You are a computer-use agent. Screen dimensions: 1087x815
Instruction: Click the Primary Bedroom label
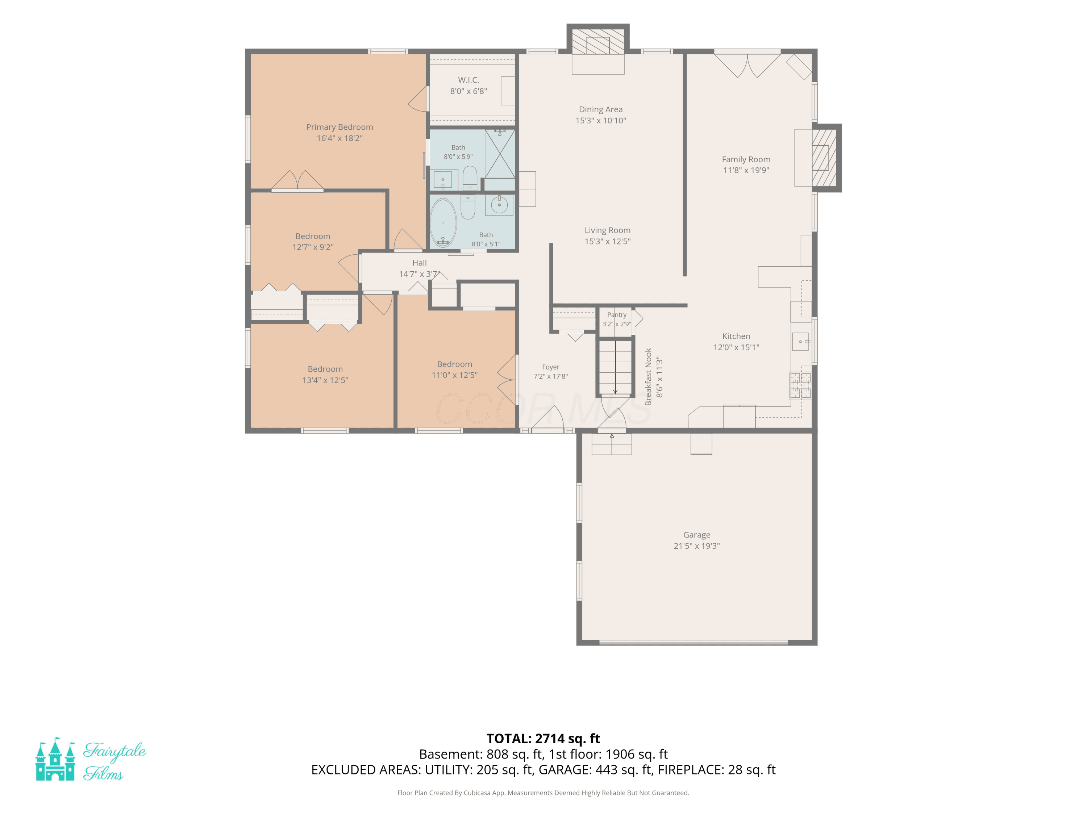click(x=340, y=127)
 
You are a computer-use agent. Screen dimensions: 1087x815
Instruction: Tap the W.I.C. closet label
click(x=468, y=80)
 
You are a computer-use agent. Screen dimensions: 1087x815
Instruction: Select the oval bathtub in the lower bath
click(x=443, y=222)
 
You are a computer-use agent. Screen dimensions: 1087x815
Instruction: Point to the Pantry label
click(x=617, y=315)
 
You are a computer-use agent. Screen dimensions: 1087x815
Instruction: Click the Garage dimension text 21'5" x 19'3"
click(x=696, y=546)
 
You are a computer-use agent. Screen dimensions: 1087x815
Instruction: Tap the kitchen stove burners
click(x=800, y=385)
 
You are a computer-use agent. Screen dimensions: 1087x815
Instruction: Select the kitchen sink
click(x=800, y=342)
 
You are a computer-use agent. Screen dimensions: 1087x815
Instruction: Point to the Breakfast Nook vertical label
click(x=648, y=377)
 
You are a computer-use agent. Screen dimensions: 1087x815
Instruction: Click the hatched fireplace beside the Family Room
click(x=825, y=158)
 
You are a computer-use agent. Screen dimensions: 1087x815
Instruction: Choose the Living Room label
click(x=607, y=230)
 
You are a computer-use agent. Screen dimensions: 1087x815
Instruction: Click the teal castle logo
click(x=55, y=759)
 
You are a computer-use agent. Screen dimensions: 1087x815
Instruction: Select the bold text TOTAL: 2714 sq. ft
click(x=543, y=738)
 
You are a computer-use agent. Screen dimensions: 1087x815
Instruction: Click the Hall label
click(x=420, y=263)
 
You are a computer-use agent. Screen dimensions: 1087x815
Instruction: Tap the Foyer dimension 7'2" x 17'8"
click(x=550, y=376)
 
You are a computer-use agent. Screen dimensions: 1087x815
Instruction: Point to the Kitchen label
click(x=736, y=336)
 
